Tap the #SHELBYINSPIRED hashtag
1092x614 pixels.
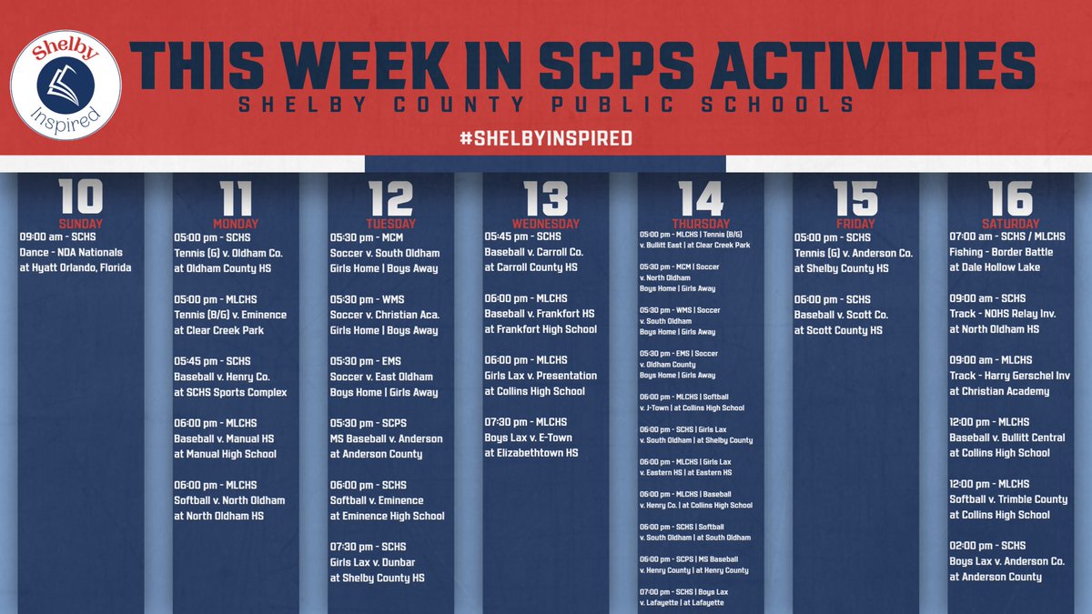pos(545,138)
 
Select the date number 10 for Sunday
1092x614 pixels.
pos(81,197)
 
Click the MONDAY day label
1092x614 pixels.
pos(236,224)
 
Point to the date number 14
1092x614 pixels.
pos(701,197)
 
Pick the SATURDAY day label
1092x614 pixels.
pos(1010,224)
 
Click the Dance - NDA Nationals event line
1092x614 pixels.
pos(71,252)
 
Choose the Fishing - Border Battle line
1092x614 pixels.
pos(1000,252)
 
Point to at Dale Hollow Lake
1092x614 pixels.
pos(997,267)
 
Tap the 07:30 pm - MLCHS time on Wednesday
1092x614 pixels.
pos(526,422)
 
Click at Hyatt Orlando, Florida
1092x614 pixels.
pos(76,267)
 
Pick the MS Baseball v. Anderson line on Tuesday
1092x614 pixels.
pos(387,438)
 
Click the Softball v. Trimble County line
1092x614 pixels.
pos(1008,499)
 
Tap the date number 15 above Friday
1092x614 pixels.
pos(854,197)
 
